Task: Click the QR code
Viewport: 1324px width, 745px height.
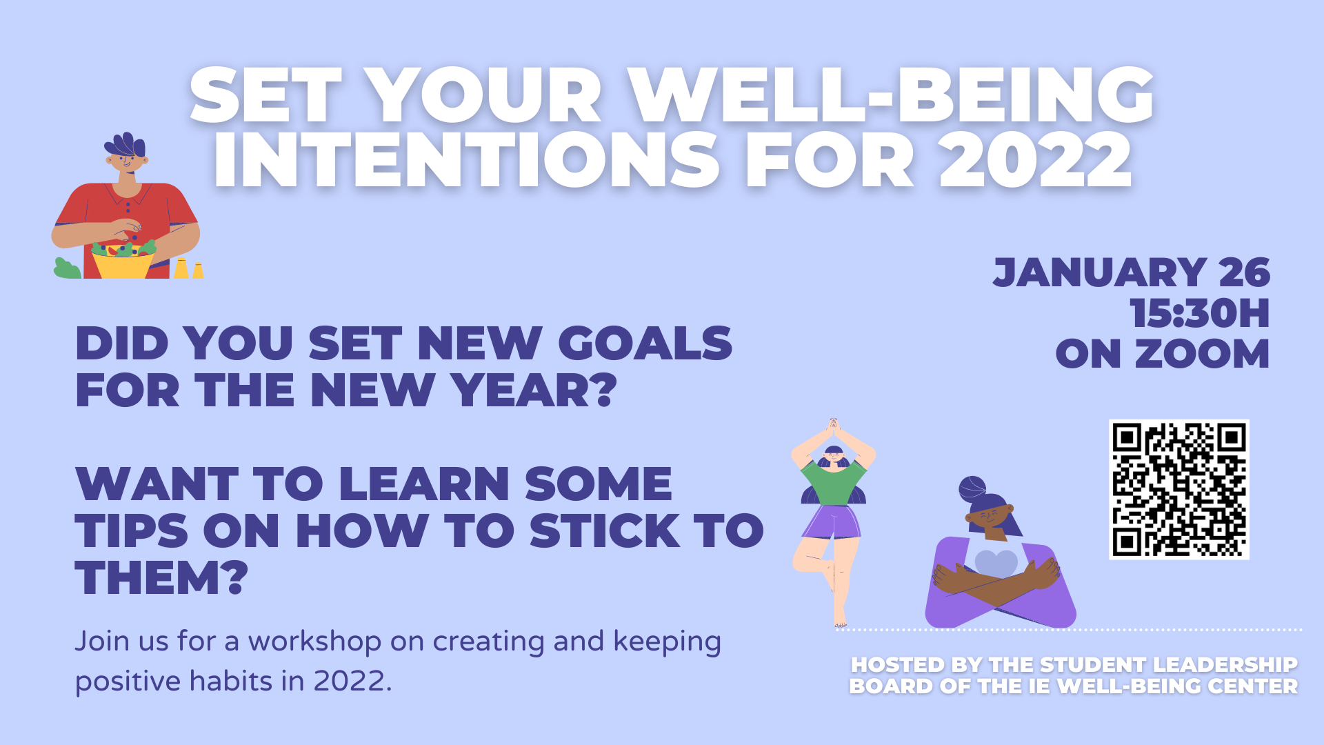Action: click(1179, 489)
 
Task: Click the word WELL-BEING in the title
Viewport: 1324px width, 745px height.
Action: click(892, 95)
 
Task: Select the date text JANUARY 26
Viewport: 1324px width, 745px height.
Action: click(1132, 272)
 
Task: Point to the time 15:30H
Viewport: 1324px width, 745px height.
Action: click(1200, 313)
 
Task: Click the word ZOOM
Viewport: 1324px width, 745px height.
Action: click(1202, 354)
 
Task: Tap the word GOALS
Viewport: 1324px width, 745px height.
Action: click(645, 343)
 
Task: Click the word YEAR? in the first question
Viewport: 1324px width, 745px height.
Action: click(534, 390)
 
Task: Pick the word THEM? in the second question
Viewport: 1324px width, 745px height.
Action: click(161, 577)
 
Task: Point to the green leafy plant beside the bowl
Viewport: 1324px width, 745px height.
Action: click(67, 269)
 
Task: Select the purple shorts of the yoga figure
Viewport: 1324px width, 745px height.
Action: click(832, 522)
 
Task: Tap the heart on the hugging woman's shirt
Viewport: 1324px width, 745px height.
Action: click(996, 564)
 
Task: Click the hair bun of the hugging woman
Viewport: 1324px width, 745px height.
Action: click(972, 488)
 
